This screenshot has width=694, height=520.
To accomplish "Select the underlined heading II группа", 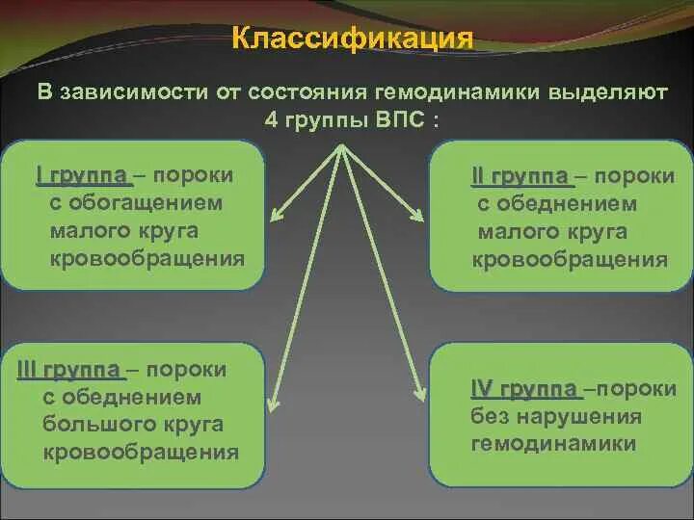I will (521, 176).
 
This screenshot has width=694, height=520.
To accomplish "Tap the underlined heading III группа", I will (68, 370).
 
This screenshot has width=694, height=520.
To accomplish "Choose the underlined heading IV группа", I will (524, 389).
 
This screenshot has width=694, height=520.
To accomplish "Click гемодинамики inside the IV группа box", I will (553, 444).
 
